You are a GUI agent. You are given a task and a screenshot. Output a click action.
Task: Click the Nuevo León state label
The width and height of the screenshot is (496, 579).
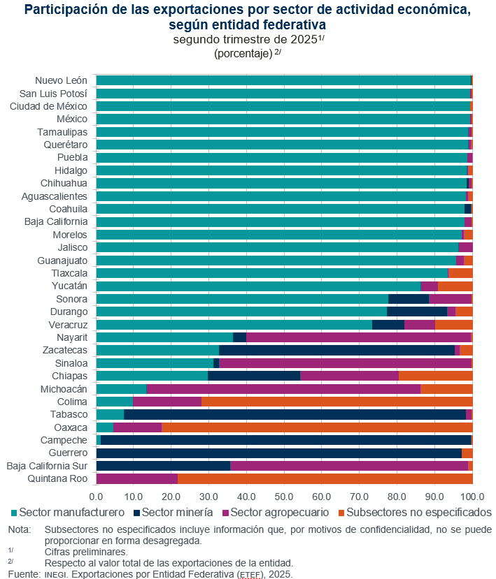62,80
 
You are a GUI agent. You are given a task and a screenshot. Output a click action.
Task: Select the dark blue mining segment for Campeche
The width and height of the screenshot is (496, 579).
285,440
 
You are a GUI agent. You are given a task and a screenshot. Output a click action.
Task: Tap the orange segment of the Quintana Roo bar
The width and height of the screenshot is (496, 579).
325,478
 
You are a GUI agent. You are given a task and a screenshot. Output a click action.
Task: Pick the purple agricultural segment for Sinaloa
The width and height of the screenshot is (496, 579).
345,363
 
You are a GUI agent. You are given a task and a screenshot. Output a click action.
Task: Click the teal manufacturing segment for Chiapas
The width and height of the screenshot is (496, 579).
152,376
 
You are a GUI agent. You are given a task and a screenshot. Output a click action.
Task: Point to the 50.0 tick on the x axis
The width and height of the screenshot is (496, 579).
284,496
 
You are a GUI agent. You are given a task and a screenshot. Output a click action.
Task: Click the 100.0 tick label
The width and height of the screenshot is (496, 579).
472,496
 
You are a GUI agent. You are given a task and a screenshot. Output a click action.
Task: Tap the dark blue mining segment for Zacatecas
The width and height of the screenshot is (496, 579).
336,350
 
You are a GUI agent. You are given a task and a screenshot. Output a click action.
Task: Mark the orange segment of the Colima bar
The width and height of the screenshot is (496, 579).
336,402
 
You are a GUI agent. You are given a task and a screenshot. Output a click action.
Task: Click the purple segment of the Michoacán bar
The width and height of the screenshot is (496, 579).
283,388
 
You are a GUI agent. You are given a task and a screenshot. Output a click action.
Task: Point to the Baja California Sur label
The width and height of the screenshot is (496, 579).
47,466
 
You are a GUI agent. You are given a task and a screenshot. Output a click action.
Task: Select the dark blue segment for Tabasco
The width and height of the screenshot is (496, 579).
295,414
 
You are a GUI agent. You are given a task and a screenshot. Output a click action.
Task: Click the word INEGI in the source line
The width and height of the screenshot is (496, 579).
55,575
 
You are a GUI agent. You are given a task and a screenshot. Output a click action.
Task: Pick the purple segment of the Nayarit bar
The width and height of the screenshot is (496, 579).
358,337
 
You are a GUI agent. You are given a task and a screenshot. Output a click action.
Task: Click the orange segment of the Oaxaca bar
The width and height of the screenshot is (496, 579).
317,427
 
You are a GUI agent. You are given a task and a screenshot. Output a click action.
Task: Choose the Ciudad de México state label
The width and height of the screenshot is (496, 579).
48,106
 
